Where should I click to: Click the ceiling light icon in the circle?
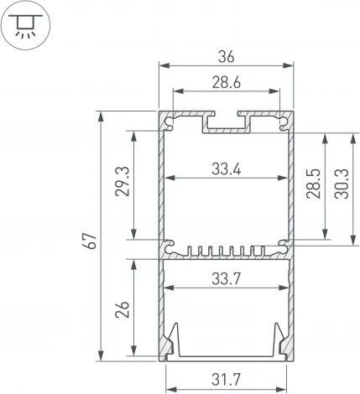pyautogui.click(x=26, y=25)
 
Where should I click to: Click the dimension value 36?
pyautogui.click(x=226, y=57)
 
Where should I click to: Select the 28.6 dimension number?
pyautogui.click(x=226, y=84)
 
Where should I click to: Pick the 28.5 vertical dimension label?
pyautogui.click(x=313, y=185)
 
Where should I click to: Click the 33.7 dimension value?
pyautogui.click(x=226, y=280)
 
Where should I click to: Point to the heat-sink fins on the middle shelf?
pyautogui.click(x=226, y=251)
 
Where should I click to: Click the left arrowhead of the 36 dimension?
pyautogui.click(x=162, y=65)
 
